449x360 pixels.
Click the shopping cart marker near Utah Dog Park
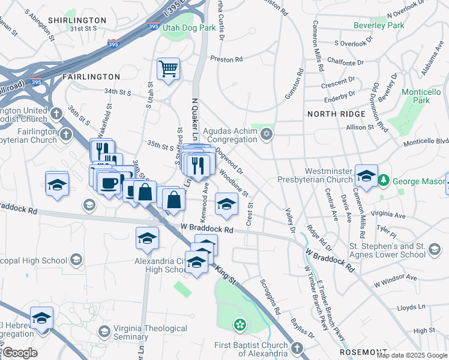pyautogui.click(x=169, y=68)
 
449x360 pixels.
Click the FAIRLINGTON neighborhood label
pyautogui.click(x=91, y=77)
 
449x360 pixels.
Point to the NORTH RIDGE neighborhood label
pyautogui.click(x=336, y=114)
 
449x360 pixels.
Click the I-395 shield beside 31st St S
pyautogui.click(x=113, y=44)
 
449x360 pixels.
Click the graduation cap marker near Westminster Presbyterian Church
pyautogui.click(x=366, y=175)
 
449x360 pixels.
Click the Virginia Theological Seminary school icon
pyautogui.click(x=104, y=331)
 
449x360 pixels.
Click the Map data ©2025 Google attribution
pyautogui.click(x=412, y=355)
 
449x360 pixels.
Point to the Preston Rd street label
pyautogui.click(x=226, y=59)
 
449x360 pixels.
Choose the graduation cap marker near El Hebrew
pyautogui.click(x=42, y=318)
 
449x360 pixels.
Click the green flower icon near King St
pyautogui.click(x=240, y=325)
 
